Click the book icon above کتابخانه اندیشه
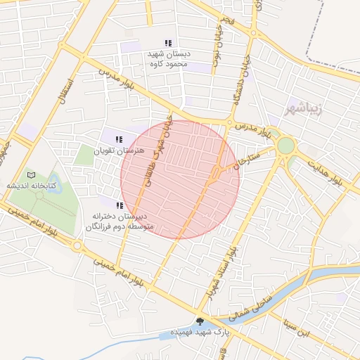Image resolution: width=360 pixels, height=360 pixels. (30, 174)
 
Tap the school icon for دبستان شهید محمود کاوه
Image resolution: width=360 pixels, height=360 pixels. (167, 43)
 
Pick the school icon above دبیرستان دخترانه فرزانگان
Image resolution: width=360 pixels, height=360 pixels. (120, 205)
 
